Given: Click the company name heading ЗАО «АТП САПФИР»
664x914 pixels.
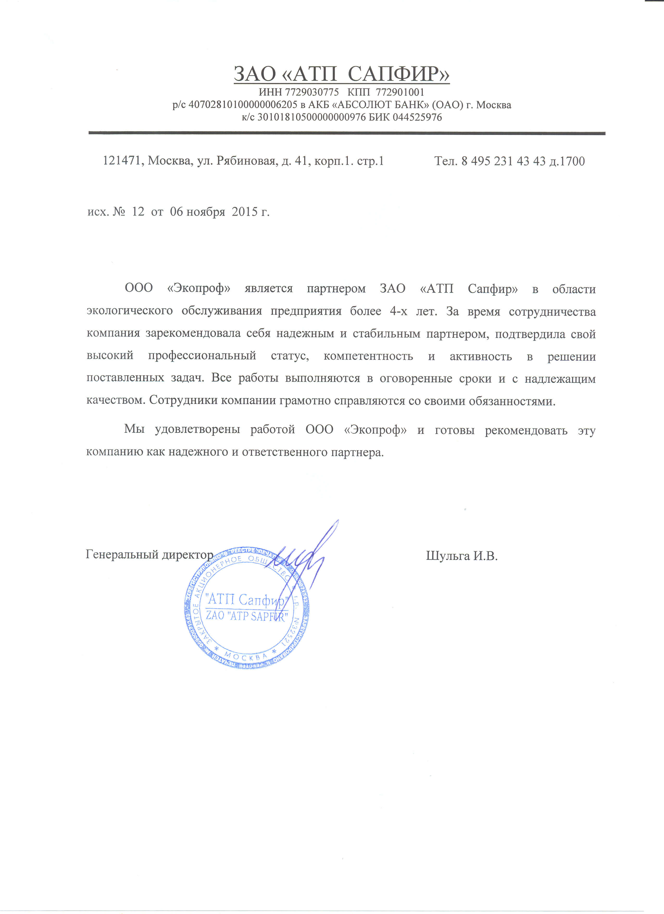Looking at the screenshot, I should tap(341, 74).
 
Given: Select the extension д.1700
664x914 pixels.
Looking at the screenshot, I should tap(567, 161).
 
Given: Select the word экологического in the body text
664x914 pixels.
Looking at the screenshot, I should tap(130, 311).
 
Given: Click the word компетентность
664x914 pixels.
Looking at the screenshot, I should tap(368, 356).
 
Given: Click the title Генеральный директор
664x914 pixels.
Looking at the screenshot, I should tap(149, 555).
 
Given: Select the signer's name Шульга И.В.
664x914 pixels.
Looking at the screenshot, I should tap(462, 556).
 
